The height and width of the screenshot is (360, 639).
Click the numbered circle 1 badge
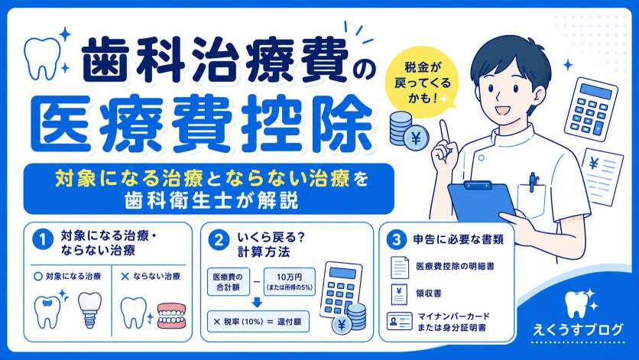tap(42, 240)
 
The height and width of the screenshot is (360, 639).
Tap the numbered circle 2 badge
tap(219, 240)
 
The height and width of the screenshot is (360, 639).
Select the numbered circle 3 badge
tap(396, 240)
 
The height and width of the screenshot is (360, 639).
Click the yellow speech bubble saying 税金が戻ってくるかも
tap(422, 83)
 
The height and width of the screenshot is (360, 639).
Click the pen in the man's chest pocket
tap(533, 182)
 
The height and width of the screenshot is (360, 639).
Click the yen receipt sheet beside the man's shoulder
tap(603, 176)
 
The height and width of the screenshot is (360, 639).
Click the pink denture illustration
tap(171, 315)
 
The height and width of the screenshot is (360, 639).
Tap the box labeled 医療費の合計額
tap(229, 282)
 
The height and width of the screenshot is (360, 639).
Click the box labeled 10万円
tap(290, 282)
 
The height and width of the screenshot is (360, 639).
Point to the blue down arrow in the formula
tap(257, 302)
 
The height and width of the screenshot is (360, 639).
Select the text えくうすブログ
tap(578, 329)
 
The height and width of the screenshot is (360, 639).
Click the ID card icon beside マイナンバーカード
tap(399, 322)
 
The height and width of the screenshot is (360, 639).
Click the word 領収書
tap(428, 294)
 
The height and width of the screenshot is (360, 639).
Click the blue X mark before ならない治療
tap(125, 277)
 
